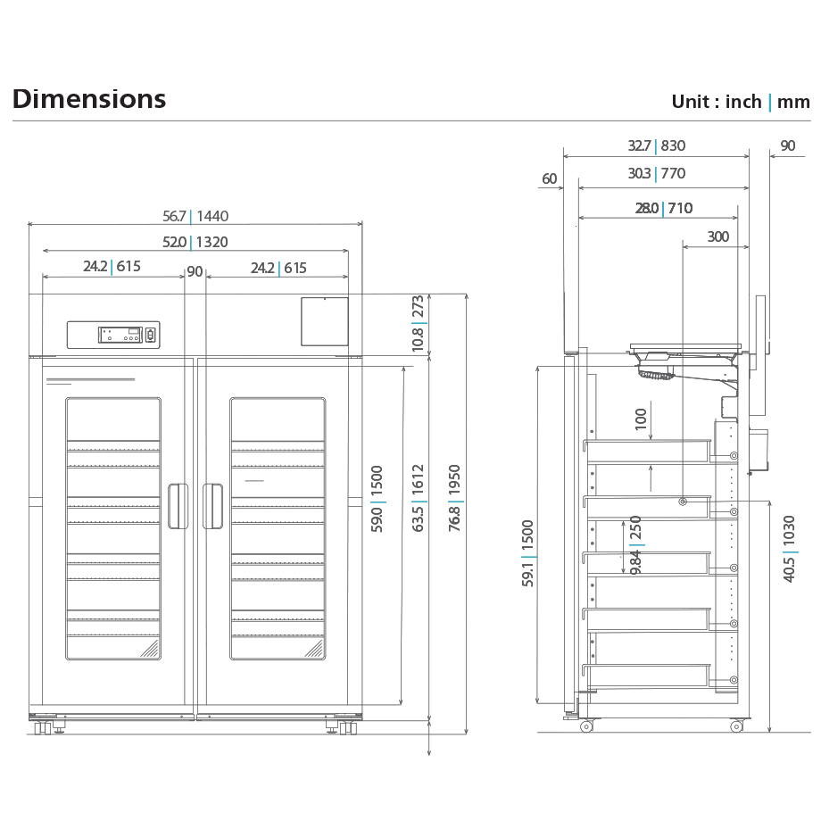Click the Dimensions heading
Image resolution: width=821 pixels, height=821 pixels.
(x=89, y=99)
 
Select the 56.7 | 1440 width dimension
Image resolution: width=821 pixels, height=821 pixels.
(x=195, y=216)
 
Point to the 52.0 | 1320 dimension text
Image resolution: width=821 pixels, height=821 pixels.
(x=195, y=242)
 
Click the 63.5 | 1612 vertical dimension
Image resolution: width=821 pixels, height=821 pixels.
(x=418, y=498)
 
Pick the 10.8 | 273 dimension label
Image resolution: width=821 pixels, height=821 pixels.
(x=418, y=324)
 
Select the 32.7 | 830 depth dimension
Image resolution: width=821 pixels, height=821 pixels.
(x=656, y=146)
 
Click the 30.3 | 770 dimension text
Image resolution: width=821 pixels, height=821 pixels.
(x=656, y=174)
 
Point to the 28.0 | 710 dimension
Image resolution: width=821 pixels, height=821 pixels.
(x=663, y=209)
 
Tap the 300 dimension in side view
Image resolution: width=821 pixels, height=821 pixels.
(x=717, y=237)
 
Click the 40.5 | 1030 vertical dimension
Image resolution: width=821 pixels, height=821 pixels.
(x=790, y=548)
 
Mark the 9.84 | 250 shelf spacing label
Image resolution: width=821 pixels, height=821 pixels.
(x=635, y=544)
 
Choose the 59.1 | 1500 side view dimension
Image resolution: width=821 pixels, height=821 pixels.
(x=528, y=553)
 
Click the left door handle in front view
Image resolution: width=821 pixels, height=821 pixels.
(x=178, y=506)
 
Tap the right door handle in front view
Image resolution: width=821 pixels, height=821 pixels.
(x=212, y=506)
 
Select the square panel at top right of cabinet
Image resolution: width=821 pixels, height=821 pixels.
(x=324, y=321)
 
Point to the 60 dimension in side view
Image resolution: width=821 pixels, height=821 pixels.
(x=549, y=179)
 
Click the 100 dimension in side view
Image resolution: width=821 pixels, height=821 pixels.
(x=641, y=419)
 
